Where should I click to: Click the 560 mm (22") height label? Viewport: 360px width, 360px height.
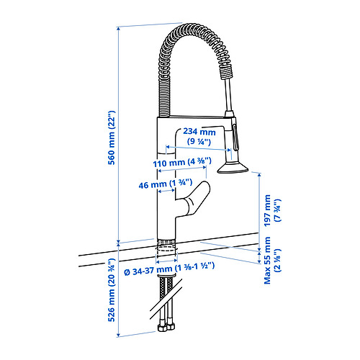[112, 142]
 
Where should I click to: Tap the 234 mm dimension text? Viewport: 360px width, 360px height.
[199, 132]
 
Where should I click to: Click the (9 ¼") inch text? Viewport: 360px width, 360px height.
[199, 143]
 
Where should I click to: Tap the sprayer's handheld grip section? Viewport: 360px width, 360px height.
[233, 133]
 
